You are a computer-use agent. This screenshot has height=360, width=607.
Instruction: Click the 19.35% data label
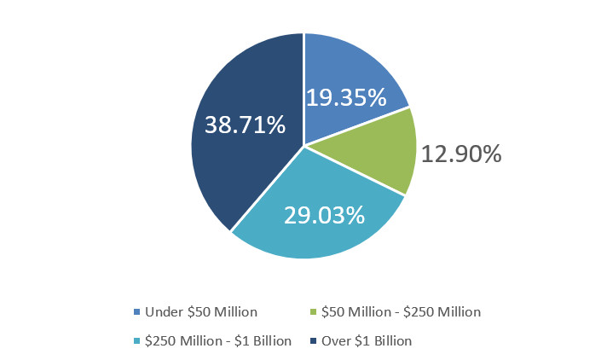346,97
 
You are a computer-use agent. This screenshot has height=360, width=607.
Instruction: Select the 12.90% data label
460,154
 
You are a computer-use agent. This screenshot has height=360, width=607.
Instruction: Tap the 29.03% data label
325,215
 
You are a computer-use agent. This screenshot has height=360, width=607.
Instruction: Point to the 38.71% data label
245,126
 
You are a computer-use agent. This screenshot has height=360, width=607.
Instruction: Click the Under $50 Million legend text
201,312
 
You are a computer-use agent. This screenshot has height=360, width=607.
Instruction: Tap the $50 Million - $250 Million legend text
402,312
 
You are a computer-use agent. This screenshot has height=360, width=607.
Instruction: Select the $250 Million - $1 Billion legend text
218,341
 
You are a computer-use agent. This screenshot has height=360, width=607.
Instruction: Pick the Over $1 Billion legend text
367,341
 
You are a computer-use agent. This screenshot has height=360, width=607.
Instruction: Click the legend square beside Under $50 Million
136,312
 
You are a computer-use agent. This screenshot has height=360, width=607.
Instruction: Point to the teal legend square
136,341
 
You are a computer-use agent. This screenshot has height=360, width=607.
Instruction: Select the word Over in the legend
335,341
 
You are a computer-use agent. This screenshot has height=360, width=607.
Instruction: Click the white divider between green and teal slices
354,170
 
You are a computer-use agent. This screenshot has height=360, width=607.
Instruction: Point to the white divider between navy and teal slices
267,189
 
